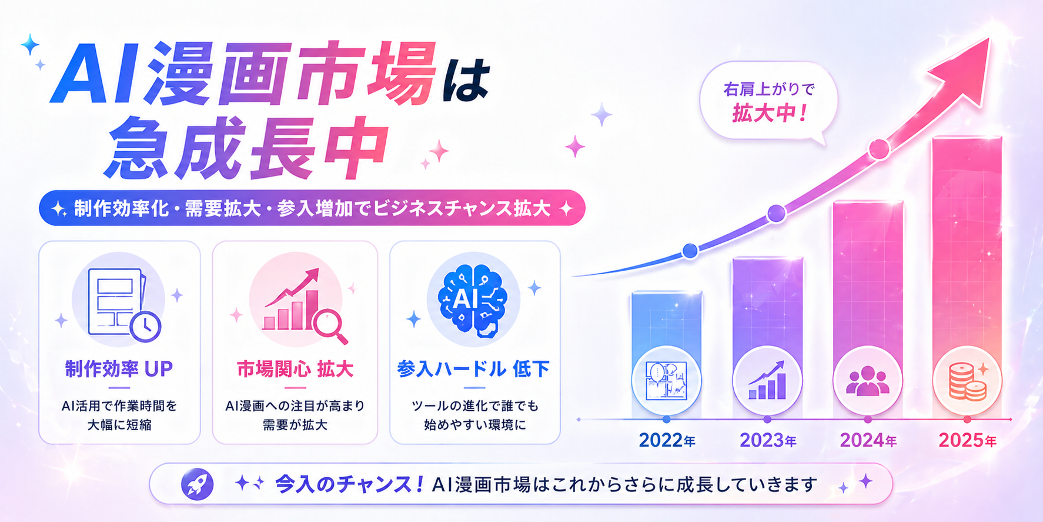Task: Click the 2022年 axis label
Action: [x=667, y=440]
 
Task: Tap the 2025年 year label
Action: [x=967, y=440]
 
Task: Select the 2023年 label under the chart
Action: [x=767, y=440]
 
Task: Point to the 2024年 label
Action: [x=868, y=440]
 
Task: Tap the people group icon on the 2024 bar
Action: [x=867, y=381]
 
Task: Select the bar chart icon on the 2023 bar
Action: [x=767, y=381]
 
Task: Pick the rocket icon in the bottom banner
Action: [x=197, y=484]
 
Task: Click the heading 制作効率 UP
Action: [x=119, y=369]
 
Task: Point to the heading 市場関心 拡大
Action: [x=295, y=369]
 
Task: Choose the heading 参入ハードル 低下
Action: [x=474, y=369]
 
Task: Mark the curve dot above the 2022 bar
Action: [x=690, y=251]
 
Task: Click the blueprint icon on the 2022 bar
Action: [x=666, y=381]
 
